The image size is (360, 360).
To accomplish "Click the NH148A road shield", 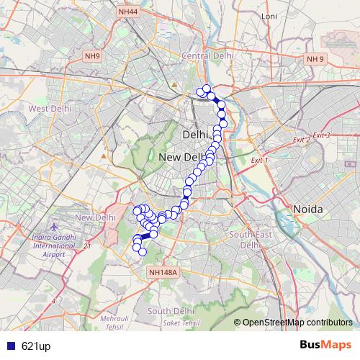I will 163,272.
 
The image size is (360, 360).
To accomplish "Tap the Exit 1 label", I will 259,159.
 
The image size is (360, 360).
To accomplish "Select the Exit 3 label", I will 321,135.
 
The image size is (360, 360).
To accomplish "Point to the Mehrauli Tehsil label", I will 114,322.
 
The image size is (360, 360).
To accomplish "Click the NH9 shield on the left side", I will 93,56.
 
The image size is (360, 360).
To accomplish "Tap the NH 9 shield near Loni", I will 315,59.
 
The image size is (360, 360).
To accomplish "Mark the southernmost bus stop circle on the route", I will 143,252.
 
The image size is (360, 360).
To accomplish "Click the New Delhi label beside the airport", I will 95,217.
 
